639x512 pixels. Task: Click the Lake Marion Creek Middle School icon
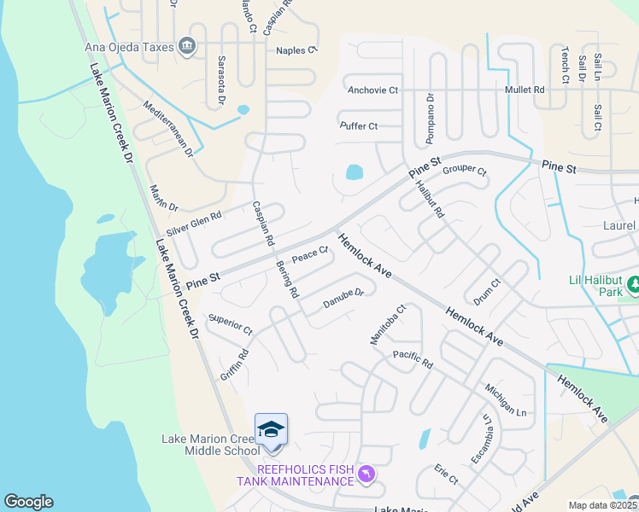coord(271,429)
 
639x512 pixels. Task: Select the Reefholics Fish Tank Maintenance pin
coord(366,474)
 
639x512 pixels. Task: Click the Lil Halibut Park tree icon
coord(633,283)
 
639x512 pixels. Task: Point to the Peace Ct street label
coord(310,253)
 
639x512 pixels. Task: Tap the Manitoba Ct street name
coord(386,325)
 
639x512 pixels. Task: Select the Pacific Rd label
coord(413,359)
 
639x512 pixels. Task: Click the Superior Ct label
coord(231,325)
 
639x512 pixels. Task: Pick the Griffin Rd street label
coord(234,364)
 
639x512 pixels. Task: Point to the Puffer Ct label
coord(358,126)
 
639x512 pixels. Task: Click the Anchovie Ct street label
coord(372,90)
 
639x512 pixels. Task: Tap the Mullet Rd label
coord(525,89)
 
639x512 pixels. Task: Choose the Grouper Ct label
coord(465,171)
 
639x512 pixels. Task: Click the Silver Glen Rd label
coord(194,224)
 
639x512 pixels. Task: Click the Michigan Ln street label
coord(507,398)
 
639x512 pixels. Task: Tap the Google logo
coord(28,502)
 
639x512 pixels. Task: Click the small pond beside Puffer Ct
coord(354,173)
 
